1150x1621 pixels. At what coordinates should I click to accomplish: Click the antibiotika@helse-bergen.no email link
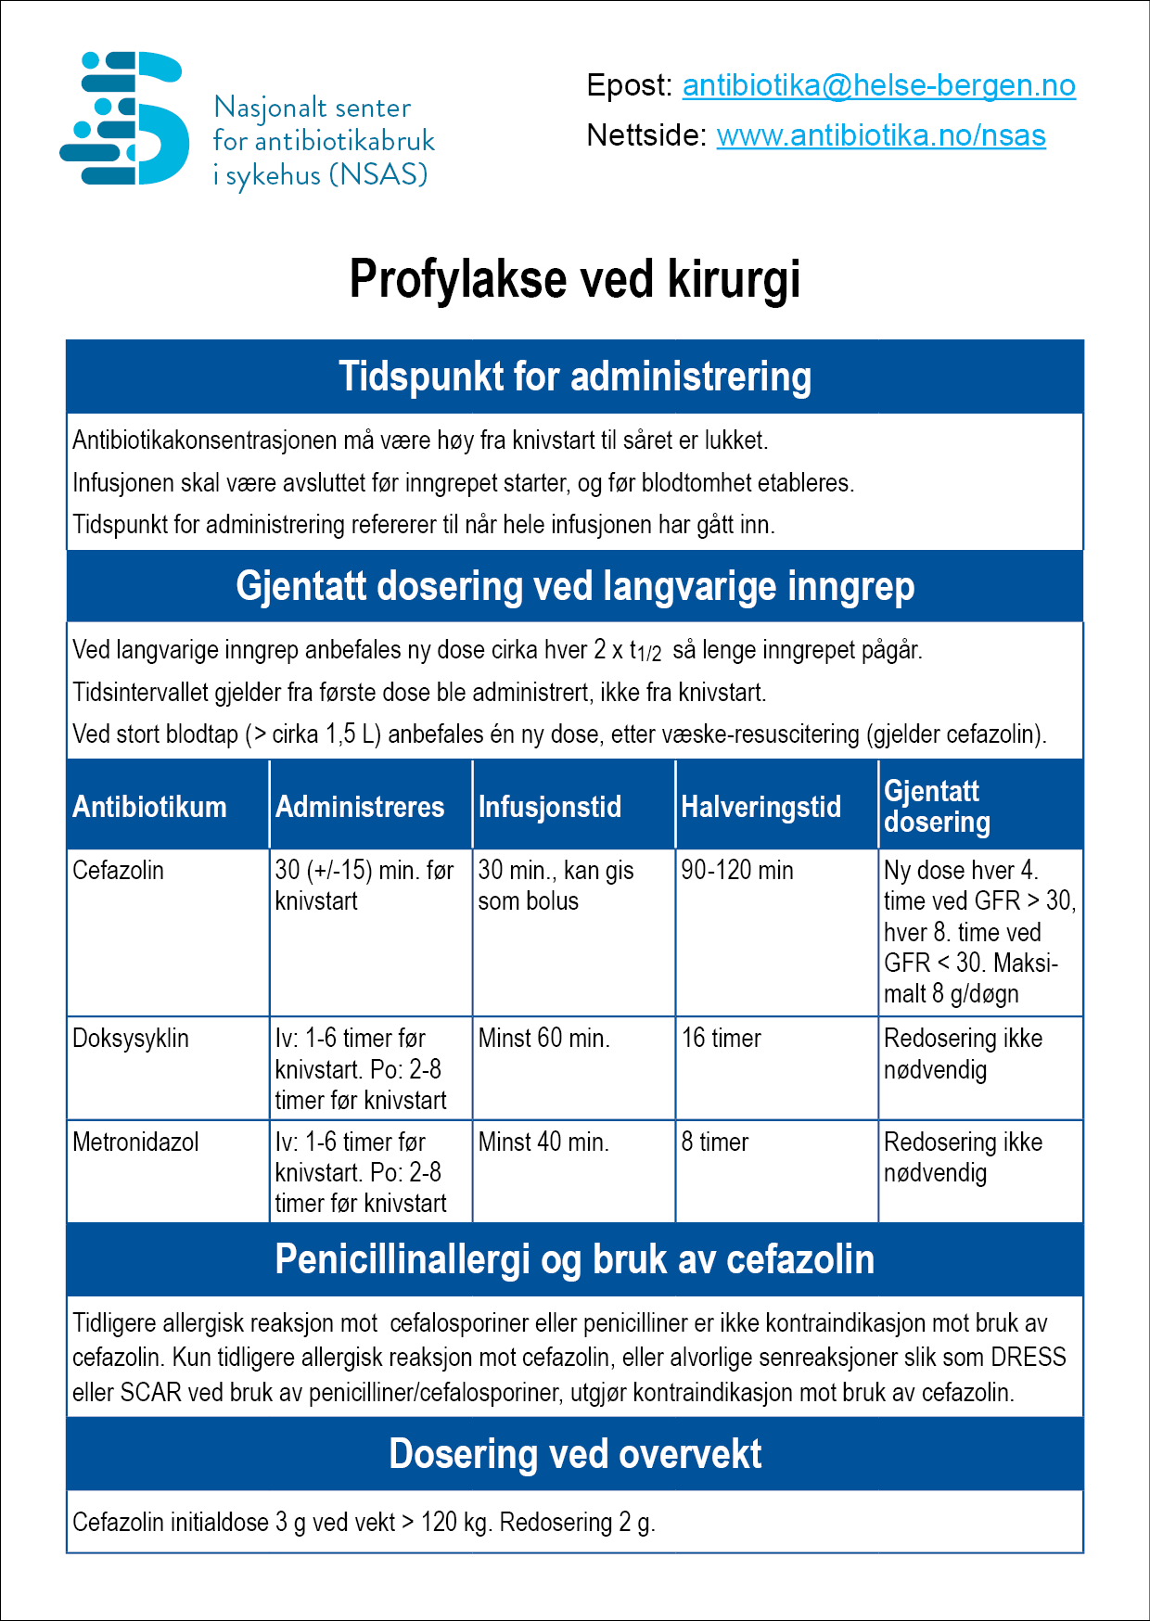[878, 85]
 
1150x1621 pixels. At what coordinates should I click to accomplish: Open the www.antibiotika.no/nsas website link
[881, 135]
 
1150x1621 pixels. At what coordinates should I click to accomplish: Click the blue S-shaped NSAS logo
[124, 119]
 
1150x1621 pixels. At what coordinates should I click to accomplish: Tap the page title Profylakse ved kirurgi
[574, 279]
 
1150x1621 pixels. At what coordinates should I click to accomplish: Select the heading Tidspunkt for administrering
[574, 377]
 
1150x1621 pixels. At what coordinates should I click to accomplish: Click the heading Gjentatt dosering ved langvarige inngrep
[574, 586]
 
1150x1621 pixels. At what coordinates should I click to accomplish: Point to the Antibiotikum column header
[149, 807]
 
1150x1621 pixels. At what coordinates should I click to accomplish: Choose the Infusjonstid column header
[549, 807]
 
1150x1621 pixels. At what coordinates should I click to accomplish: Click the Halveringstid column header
[760, 807]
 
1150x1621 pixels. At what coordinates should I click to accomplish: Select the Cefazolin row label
[118, 871]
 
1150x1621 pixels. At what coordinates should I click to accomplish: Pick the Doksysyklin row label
[130, 1039]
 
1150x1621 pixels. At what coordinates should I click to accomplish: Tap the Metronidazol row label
[135, 1142]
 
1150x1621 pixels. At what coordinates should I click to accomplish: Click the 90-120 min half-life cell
[736, 871]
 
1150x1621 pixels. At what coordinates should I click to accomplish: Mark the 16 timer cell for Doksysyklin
[721, 1039]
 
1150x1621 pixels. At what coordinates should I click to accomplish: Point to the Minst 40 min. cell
[543, 1142]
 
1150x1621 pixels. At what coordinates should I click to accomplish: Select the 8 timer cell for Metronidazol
[714, 1142]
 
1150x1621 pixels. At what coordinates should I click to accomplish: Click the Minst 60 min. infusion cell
[543, 1039]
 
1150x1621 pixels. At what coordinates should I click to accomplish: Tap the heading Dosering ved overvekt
[574, 1454]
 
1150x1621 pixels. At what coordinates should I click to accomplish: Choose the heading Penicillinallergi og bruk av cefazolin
[574, 1260]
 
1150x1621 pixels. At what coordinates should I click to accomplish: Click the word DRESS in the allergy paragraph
[1029, 1358]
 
